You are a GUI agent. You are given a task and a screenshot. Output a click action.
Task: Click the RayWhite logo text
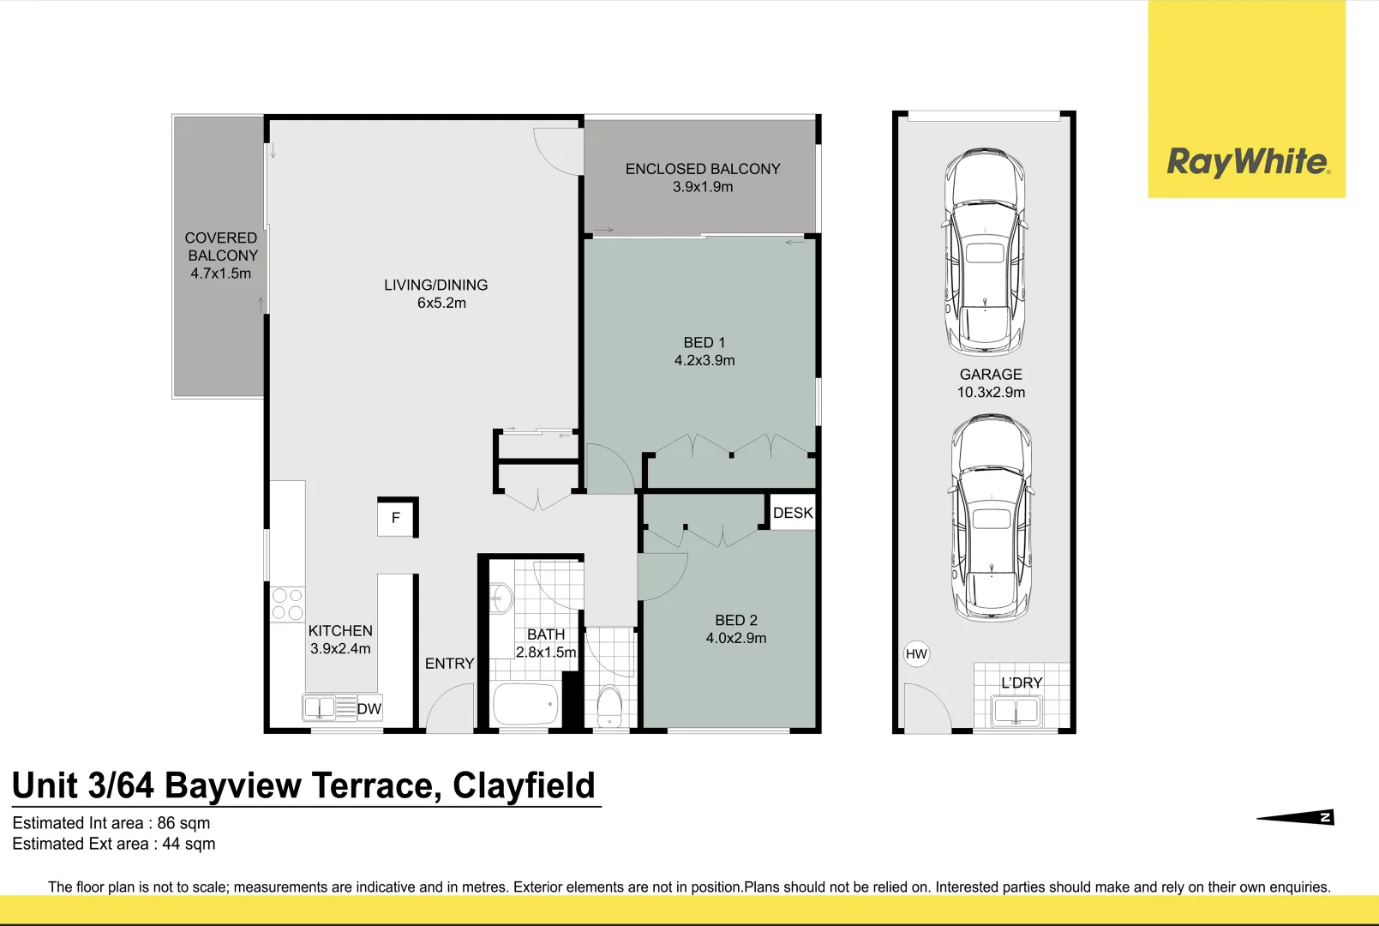[1248, 161]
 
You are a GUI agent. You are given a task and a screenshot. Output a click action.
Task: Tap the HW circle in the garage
[916, 654]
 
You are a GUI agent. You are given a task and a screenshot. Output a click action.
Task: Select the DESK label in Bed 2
[793, 513]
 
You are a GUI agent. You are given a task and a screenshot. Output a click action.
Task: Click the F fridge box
[396, 518]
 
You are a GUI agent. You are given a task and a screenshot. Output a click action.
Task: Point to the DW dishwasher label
[369, 708]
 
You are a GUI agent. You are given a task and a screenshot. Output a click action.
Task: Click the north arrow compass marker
[1296, 818]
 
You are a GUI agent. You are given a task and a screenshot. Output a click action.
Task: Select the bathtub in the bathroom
[525, 705]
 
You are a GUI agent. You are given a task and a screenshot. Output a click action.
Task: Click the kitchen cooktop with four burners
[287, 604]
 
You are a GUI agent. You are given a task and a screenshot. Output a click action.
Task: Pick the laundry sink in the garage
[1015, 711]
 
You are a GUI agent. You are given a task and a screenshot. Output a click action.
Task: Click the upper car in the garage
[985, 252]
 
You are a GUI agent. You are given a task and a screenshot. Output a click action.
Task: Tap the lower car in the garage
[992, 517]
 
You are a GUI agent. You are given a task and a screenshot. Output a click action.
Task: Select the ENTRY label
[449, 664]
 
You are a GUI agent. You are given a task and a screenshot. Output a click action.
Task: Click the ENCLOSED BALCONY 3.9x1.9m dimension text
[703, 187]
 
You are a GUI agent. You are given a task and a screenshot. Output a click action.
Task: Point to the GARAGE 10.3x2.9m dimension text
[991, 393]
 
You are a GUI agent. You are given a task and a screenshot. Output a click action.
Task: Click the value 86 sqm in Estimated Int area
[183, 823]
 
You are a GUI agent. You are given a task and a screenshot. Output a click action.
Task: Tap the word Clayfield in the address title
[524, 785]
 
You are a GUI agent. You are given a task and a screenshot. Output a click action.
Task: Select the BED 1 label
[704, 342]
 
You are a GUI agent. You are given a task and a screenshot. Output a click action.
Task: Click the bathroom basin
[501, 598]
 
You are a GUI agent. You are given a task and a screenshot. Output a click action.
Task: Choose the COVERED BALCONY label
[221, 247]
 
